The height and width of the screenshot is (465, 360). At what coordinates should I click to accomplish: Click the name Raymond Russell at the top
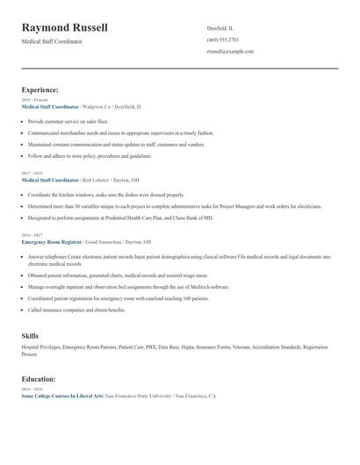(65, 27)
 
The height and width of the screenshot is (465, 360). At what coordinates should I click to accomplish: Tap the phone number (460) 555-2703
(222, 40)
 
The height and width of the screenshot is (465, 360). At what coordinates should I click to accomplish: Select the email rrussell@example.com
(230, 52)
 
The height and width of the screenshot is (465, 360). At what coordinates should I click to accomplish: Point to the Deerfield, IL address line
(220, 28)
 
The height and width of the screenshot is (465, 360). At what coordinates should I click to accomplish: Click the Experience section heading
(40, 89)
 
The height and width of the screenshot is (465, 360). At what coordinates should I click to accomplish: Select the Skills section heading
(30, 336)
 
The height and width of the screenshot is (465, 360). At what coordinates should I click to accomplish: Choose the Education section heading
(40, 379)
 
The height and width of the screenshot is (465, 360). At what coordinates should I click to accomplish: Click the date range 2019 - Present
(35, 100)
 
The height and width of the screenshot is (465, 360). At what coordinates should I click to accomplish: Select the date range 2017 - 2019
(33, 173)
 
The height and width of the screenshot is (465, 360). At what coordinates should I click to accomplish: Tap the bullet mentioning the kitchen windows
(105, 194)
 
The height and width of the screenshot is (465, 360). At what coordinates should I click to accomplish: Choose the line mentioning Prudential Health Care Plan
(120, 216)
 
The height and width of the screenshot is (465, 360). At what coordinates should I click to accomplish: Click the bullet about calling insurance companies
(77, 310)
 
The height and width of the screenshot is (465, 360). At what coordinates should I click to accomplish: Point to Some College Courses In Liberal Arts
(61, 396)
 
